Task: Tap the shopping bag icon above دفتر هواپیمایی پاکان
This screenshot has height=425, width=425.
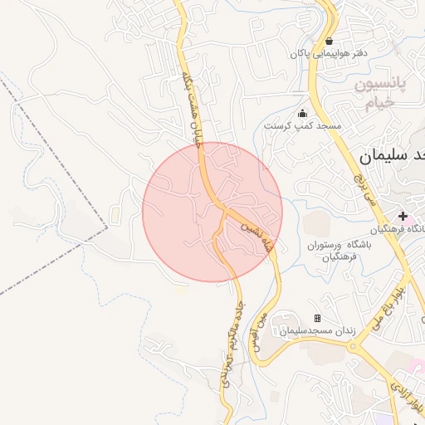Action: tap(330, 41)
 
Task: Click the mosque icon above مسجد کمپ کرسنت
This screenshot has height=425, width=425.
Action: tap(302, 114)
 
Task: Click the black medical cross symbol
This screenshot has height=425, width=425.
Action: tap(403, 216)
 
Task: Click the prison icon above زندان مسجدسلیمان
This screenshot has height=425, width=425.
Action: tap(317, 319)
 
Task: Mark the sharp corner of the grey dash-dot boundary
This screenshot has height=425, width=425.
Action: tap(107, 226)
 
